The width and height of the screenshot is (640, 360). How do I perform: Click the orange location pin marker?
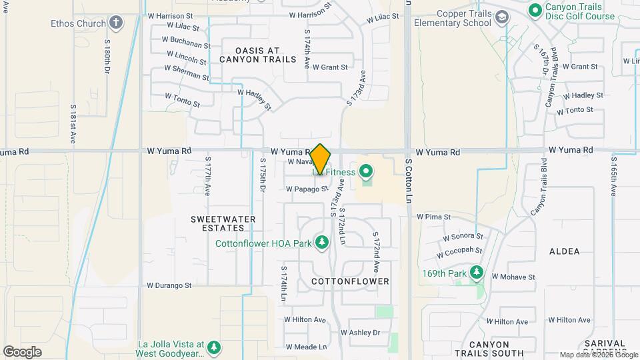pyautogui.click(x=320, y=159)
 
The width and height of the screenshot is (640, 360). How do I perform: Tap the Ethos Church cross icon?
pyautogui.click(x=117, y=23)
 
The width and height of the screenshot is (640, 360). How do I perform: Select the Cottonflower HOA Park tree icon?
pyautogui.click(x=322, y=243)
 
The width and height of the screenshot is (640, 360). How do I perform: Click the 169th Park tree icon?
pyautogui.click(x=476, y=273)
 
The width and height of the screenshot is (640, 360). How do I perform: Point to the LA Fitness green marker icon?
pyautogui.click(x=365, y=173)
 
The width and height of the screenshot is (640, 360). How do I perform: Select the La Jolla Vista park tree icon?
pyautogui.click(x=213, y=347)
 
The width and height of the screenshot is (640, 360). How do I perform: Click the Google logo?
pyautogui.click(x=22, y=351)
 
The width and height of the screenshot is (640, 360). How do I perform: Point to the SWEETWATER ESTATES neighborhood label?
pyautogui.click(x=213, y=223)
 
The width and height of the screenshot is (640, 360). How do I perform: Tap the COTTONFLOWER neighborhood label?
pyautogui.click(x=350, y=281)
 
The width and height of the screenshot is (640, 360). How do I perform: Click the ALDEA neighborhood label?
pyautogui.click(x=564, y=251)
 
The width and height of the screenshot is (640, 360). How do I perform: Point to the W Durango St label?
pyautogui.click(x=169, y=285)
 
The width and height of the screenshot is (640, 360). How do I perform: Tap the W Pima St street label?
pyautogui.click(x=434, y=217)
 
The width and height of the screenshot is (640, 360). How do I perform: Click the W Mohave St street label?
pyautogui.click(x=513, y=276)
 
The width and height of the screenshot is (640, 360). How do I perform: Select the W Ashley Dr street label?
pyautogui.click(x=360, y=332)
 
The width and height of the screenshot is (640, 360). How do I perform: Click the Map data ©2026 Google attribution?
pyautogui.click(x=598, y=355)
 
